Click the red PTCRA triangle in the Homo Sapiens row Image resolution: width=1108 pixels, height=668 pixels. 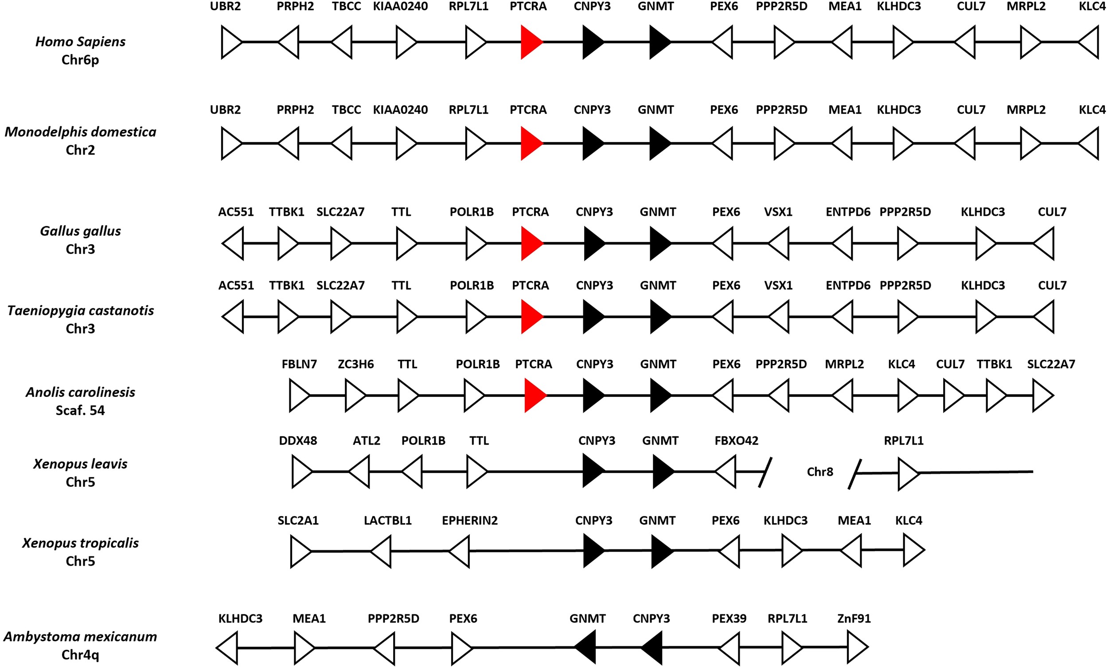[531, 42]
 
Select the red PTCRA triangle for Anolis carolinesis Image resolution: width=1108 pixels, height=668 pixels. [534, 396]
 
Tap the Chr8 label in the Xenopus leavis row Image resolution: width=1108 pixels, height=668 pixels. [820, 472]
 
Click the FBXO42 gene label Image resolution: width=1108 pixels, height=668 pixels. [736, 441]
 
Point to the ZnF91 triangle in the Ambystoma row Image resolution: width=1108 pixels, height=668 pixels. [856, 647]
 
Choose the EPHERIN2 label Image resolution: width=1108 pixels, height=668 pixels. [469, 520]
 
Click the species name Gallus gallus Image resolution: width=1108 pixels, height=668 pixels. [80, 231]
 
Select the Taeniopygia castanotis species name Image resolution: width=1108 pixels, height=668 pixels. [80, 311]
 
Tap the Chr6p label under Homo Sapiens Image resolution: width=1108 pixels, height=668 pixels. [80, 60]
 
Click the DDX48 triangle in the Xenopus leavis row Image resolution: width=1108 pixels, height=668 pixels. [301, 472]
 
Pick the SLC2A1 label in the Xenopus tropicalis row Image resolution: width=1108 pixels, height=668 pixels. [298, 520]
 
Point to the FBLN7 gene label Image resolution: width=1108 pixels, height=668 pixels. [299, 364]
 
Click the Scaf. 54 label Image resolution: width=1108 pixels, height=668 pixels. [80, 411]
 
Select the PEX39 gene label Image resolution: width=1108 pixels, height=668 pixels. [729, 618]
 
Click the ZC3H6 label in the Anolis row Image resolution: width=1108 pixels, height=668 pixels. [356, 364]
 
